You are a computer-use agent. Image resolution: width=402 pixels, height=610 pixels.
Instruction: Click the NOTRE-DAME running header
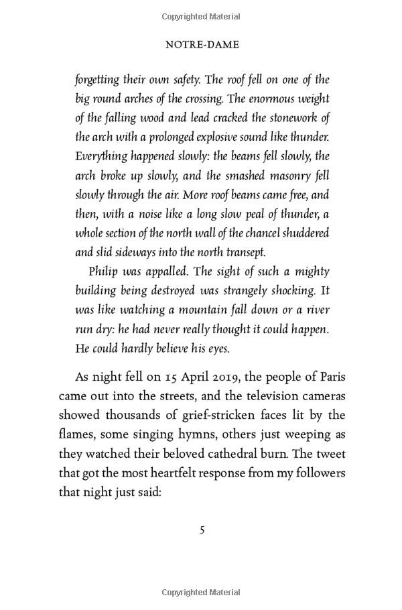pos(202,45)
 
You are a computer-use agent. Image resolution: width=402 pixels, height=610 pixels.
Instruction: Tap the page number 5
pos(202,530)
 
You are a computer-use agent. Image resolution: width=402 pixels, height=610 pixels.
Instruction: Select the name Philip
pos(104,272)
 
